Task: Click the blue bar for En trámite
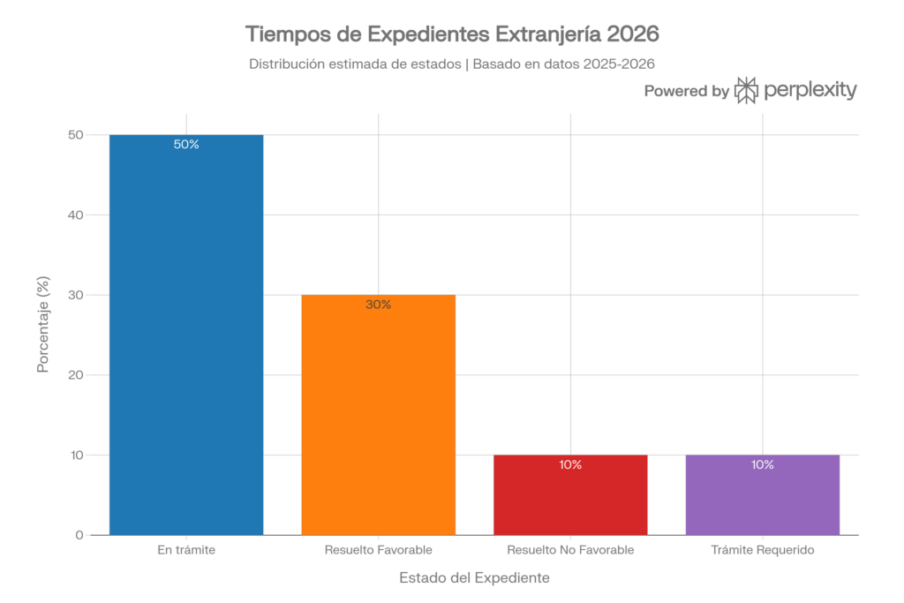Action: click(x=186, y=335)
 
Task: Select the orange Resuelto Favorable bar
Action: click(x=379, y=415)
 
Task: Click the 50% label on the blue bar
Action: click(x=186, y=145)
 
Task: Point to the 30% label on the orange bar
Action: click(x=379, y=305)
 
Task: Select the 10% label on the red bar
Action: click(x=570, y=464)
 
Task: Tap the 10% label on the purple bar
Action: click(x=763, y=464)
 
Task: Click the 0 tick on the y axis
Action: click(x=79, y=535)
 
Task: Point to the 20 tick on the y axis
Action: click(x=76, y=375)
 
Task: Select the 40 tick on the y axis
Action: click(x=76, y=215)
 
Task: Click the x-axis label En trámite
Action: click(x=186, y=550)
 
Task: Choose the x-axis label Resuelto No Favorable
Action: click(x=570, y=550)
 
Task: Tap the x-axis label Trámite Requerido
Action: click(x=763, y=550)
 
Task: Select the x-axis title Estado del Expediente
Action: click(x=475, y=578)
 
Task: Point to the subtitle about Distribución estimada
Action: click(x=452, y=64)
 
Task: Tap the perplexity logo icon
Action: click(x=747, y=90)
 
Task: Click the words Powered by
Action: click(x=686, y=90)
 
